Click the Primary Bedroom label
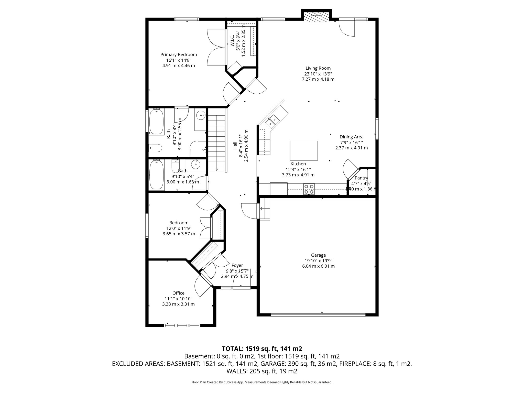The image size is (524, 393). click(x=179, y=54)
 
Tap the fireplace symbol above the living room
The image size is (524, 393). click(x=316, y=17)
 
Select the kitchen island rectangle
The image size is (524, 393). click(x=304, y=151)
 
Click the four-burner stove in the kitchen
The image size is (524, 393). click(x=309, y=189)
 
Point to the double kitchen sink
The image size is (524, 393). click(x=272, y=121)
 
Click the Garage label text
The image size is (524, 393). click(x=318, y=255)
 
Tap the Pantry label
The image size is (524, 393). click(x=361, y=178)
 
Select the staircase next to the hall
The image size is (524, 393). click(x=217, y=143)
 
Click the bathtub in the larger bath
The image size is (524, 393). click(x=157, y=122)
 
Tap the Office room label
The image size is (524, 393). click(x=178, y=293)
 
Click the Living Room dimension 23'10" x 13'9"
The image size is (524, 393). click(x=318, y=74)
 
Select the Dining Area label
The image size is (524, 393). click(x=351, y=137)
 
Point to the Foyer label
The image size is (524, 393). click(x=237, y=265)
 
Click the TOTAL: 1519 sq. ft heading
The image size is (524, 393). click(x=262, y=348)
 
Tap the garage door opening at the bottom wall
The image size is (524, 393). click(x=318, y=315)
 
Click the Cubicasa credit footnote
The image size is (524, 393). click(x=262, y=382)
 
